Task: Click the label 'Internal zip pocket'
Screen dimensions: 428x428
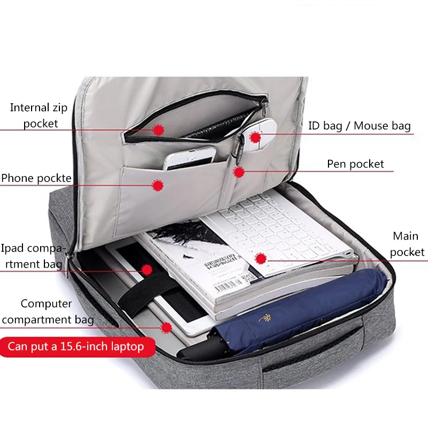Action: pos(39,116)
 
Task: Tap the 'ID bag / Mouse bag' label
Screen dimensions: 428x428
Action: pos(360,126)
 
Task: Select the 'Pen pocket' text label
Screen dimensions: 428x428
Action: pos(355,164)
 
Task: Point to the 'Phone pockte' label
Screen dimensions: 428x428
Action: pos(36,178)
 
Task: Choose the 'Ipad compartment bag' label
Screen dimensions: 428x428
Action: pos(33,256)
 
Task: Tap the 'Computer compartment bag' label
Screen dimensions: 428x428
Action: pos(47,312)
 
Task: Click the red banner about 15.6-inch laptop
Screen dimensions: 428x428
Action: pos(76,346)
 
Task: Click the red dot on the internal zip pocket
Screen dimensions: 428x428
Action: pos(157,129)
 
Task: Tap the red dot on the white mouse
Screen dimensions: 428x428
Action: pos(255,137)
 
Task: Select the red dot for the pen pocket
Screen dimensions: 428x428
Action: pos(239,172)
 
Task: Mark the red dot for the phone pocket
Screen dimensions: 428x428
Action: pos(157,185)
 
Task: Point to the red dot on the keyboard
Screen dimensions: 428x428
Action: pos(261,258)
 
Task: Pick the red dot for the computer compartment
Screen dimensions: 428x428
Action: pos(166,327)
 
